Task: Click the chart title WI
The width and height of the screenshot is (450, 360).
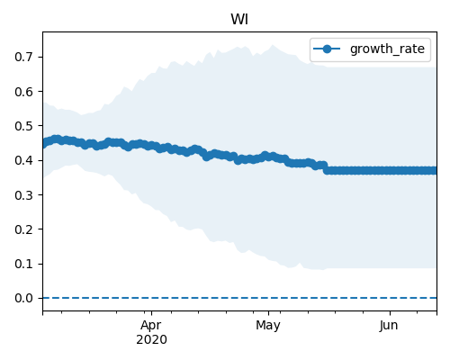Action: (239, 20)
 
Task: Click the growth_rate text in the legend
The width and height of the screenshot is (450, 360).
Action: (387, 49)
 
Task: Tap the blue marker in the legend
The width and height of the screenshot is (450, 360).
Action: (327, 49)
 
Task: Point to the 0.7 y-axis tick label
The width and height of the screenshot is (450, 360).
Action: (23, 57)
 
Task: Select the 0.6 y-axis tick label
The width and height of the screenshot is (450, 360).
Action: (23, 92)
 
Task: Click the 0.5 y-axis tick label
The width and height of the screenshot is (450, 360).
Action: (23, 126)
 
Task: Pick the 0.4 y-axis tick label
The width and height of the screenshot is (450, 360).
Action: (23, 160)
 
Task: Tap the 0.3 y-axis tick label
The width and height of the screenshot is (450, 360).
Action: (23, 195)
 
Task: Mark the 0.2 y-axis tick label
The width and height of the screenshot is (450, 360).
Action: (23, 229)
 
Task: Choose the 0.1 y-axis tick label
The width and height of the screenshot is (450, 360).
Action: (23, 264)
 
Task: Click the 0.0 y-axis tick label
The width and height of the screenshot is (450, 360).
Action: (23, 298)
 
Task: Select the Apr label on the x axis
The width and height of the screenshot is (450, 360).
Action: (151, 326)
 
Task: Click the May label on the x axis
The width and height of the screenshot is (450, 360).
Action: (268, 326)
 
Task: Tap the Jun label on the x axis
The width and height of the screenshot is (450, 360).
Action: (389, 326)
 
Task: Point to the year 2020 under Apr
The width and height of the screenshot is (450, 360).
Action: (151, 340)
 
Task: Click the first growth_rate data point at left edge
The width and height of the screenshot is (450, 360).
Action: (44, 144)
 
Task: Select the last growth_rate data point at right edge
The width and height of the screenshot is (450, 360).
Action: (433, 171)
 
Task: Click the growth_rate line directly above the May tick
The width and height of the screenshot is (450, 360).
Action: (268, 157)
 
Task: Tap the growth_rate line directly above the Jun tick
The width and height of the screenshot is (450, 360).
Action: (390, 171)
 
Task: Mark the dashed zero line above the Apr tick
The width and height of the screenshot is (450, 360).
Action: (151, 298)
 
